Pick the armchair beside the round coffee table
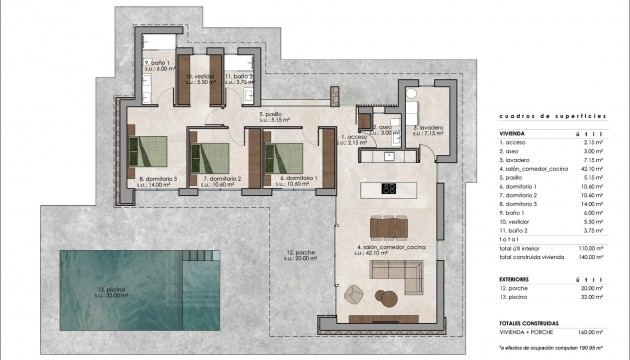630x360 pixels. [x=353, y=292]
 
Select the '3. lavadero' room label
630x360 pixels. [x=425, y=129]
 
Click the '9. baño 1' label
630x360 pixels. [x=155, y=64]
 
